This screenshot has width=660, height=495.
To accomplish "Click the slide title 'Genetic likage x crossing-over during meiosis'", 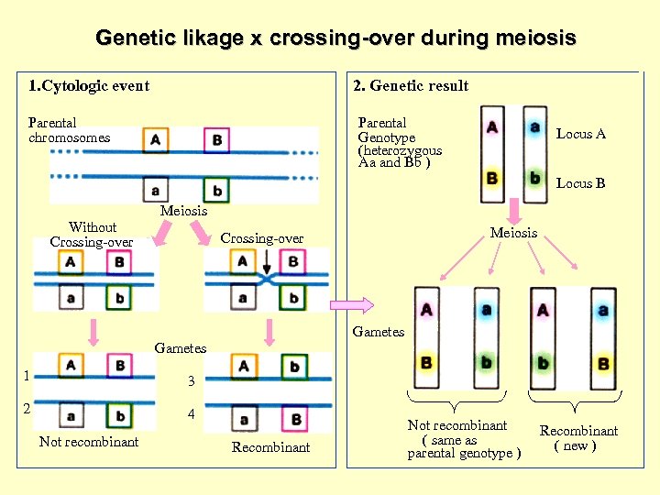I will (x=335, y=38).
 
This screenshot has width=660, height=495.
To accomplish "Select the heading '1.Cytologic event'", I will (x=89, y=86).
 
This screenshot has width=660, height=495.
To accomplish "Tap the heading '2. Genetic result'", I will (x=411, y=86).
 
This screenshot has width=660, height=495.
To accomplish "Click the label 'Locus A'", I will (x=580, y=134).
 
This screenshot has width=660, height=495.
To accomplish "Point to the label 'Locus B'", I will (x=580, y=183).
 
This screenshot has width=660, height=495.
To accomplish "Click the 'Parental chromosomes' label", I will (x=69, y=130).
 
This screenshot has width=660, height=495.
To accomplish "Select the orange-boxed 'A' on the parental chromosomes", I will (x=156, y=140).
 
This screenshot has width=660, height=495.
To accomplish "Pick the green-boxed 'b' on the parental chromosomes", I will (x=217, y=191).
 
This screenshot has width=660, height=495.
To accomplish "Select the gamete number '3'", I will (x=191, y=381).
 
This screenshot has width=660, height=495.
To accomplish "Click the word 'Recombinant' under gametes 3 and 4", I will (x=270, y=447).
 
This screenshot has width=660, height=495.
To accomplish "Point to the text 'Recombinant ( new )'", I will (x=577, y=438).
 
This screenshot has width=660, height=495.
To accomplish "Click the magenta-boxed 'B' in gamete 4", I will (x=295, y=421).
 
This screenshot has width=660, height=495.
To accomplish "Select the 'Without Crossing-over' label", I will (x=92, y=235).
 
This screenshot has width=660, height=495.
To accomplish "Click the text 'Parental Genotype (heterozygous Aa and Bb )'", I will (x=400, y=142).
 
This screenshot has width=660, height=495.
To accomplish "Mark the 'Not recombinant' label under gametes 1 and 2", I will (x=89, y=442).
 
